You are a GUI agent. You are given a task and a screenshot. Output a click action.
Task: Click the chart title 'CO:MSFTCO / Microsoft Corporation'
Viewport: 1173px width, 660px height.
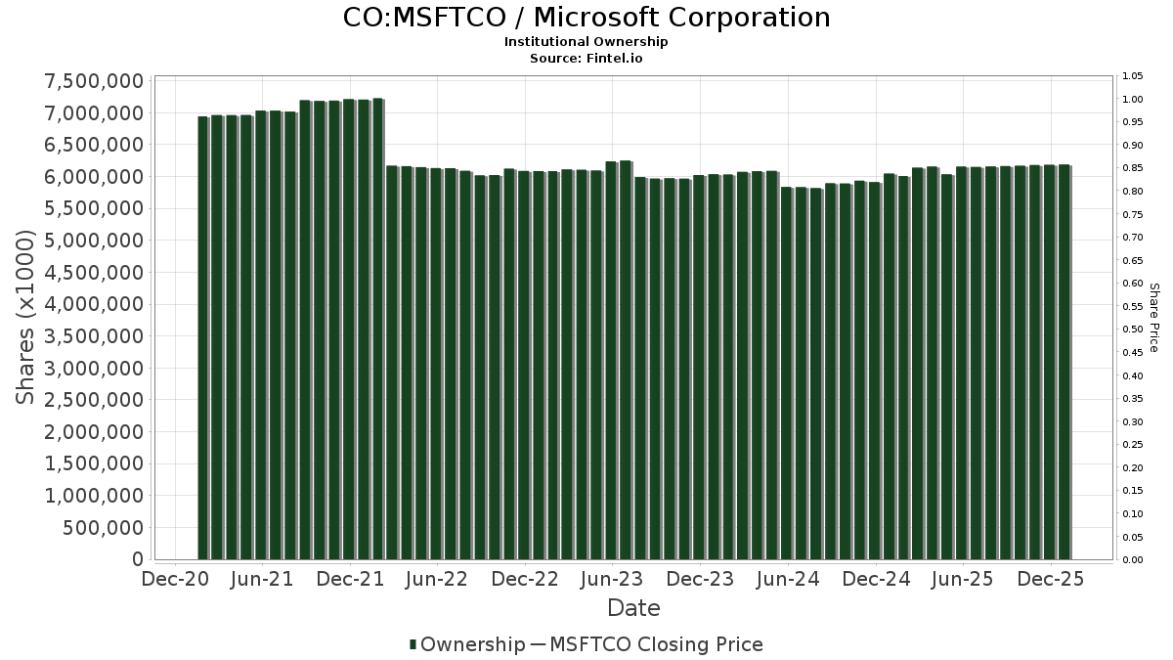click(x=586, y=18)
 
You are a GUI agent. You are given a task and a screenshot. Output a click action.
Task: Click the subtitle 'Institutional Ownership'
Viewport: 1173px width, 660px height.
click(x=586, y=42)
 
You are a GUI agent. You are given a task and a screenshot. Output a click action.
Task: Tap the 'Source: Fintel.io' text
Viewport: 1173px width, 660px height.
click(x=586, y=58)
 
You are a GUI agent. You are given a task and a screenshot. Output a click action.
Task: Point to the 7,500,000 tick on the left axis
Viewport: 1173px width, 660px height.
click(x=94, y=81)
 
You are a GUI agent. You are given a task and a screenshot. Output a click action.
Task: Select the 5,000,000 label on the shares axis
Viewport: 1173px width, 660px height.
click(x=94, y=241)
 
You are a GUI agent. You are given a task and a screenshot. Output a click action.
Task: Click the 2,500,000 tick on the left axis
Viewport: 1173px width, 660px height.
click(x=94, y=400)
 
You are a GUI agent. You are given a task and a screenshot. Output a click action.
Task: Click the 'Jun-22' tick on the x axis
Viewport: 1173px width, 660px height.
click(x=437, y=578)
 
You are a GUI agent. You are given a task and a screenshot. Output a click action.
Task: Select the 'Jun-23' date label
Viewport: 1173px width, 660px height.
click(x=612, y=578)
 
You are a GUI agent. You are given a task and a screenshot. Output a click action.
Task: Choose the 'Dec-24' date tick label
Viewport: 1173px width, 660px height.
click(x=876, y=578)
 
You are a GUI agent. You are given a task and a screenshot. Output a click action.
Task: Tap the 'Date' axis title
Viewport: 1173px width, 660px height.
click(x=633, y=608)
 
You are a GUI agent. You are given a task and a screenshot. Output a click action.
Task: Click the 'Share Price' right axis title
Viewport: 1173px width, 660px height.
click(x=1153, y=318)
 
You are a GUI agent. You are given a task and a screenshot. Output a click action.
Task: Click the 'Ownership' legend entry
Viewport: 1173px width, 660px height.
click(x=467, y=644)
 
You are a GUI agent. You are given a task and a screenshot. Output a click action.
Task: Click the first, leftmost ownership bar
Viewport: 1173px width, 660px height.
click(x=203, y=337)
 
